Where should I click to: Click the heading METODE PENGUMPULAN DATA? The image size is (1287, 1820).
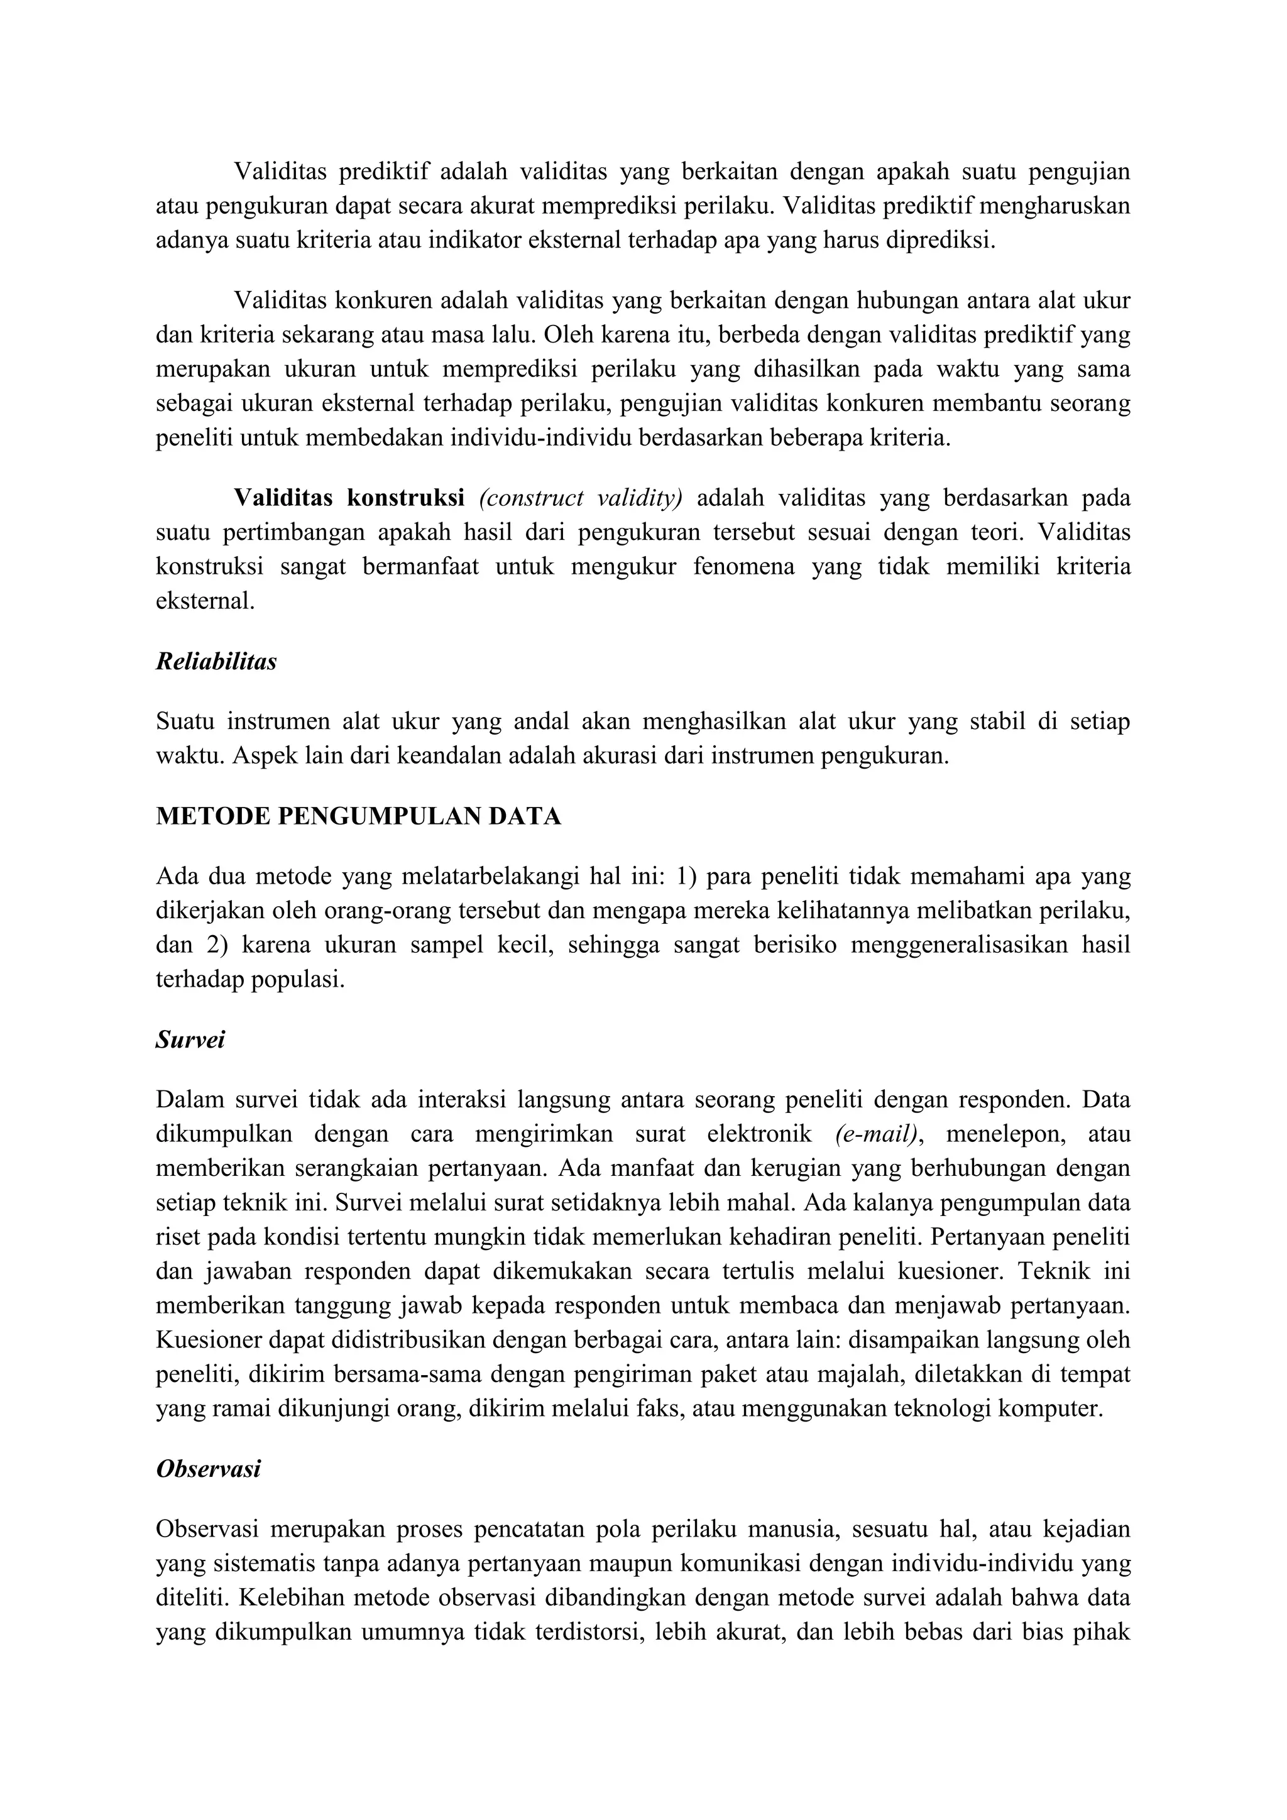click(x=358, y=816)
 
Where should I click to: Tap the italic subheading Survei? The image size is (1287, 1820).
click(x=190, y=1039)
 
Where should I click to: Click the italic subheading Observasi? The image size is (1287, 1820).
click(x=209, y=1469)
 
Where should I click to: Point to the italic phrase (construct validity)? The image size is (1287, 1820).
click(x=580, y=498)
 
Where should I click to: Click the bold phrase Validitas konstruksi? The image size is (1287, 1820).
click(x=349, y=498)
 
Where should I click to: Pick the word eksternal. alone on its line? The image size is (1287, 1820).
click(x=205, y=601)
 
